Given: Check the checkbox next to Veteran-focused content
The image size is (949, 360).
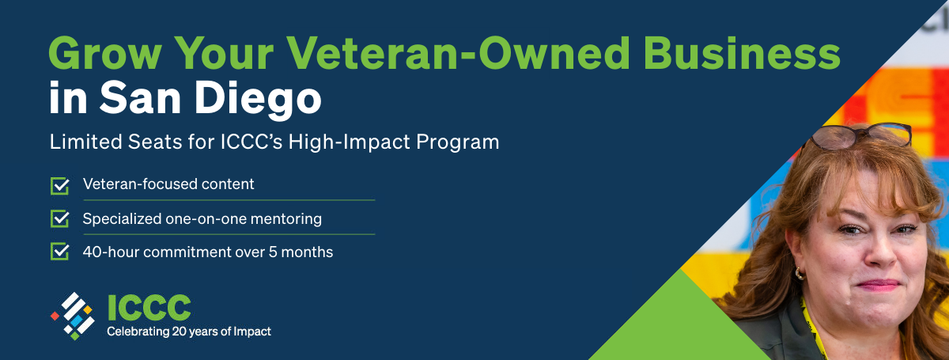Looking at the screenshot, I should pyautogui.click(x=60, y=185).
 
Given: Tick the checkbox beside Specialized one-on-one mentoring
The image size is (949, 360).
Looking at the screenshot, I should pyautogui.click(x=60, y=218).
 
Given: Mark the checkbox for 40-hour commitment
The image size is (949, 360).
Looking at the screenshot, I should pyautogui.click(x=60, y=252).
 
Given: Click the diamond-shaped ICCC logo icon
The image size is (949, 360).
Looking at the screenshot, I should pyautogui.click(x=73, y=315).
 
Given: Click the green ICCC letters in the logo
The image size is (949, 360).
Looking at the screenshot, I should pyautogui.click(x=149, y=308).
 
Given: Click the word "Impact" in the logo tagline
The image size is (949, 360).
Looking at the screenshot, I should pyautogui.click(x=253, y=332).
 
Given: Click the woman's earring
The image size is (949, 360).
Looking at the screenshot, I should pyautogui.click(x=800, y=273).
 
